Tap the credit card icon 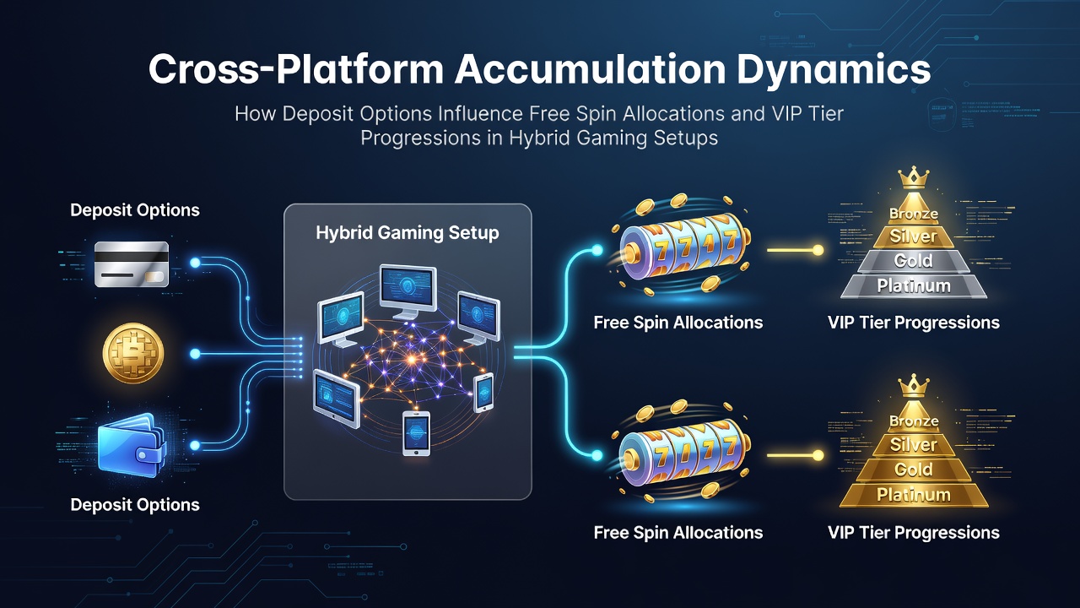click(x=132, y=264)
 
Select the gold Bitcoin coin click(x=133, y=353)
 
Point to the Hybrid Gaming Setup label click(x=408, y=232)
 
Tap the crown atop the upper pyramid click(x=913, y=177)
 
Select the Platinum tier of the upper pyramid click(x=914, y=286)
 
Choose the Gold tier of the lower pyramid click(x=914, y=470)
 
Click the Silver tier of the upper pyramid click(x=914, y=236)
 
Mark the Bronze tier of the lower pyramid click(x=914, y=421)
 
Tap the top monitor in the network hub click(x=408, y=290)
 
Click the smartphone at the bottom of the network click(x=416, y=433)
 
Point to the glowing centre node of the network click(x=411, y=359)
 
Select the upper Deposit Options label click(x=135, y=210)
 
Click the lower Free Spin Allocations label click(x=678, y=532)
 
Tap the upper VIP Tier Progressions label click(x=914, y=323)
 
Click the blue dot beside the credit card click(x=195, y=263)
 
